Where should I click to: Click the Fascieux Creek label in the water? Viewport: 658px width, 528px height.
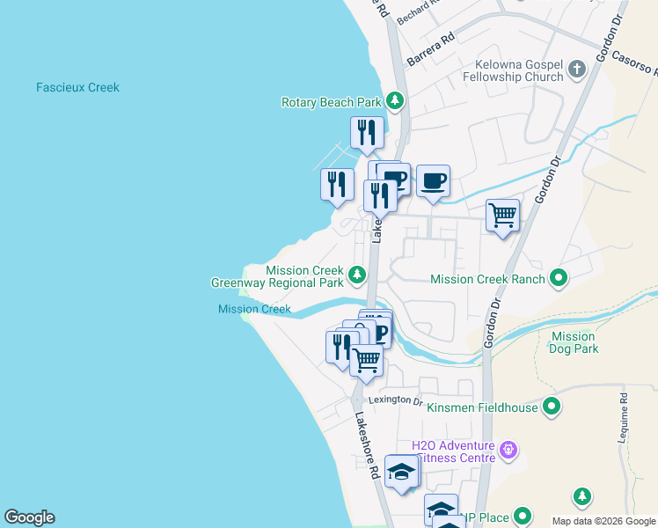(77, 88)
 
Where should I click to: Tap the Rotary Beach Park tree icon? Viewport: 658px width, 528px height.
(396, 102)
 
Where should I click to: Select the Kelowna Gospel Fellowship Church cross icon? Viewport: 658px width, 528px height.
(577, 70)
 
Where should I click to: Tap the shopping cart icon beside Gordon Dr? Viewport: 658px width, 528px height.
(502, 215)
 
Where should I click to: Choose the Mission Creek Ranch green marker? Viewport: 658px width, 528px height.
(558, 279)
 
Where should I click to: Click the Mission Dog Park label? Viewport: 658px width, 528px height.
(574, 342)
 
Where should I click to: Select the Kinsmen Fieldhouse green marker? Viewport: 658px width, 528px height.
(551, 407)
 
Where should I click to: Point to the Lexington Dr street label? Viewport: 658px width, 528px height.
(395, 400)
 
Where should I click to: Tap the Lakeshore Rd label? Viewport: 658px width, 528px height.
(368, 446)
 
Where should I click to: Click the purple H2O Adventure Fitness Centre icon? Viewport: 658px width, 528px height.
(508, 451)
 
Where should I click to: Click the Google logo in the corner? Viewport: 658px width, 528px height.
(29, 517)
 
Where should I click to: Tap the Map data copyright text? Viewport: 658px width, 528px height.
(603, 521)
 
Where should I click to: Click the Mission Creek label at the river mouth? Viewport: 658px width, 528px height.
(254, 309)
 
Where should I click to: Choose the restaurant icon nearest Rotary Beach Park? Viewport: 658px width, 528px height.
(367, 133)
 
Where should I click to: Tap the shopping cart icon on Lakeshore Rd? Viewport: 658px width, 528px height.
(366, 359)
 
